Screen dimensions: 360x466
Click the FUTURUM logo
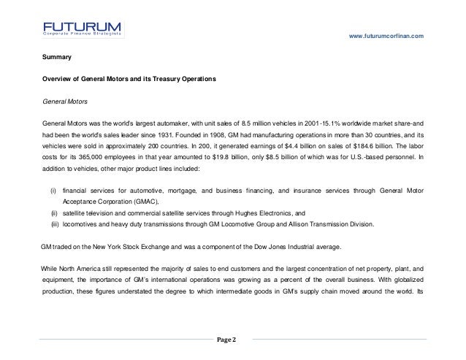tap(82, 28)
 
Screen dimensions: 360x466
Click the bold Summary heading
tap(56, 55)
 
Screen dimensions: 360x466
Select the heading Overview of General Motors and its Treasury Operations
tap(129, 77)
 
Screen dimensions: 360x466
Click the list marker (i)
tap(53, 191)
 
